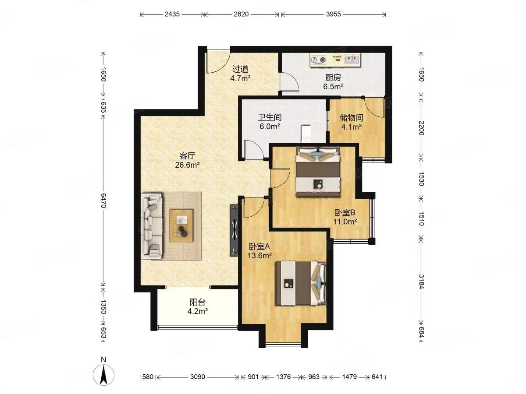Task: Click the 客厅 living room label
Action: [x=188, y=156]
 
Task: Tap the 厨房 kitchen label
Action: [x=333, y=77]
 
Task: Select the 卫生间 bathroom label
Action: [x=270, y=117]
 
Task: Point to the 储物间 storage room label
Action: [x=351, y=118]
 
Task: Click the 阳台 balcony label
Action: [x=197, y=303]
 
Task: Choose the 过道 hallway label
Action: [x=240, y=69]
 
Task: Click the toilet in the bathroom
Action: [x=306, y=134]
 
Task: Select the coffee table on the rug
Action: [x=181, y=226]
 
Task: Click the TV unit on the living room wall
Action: [x=234, y=230]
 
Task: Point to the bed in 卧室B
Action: [x=318, y=172]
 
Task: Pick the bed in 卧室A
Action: [x=301, y=284]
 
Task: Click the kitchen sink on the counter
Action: [x=352, y=59]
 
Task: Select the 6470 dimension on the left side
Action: [x=103, y=201]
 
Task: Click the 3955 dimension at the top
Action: [x=333, y=14]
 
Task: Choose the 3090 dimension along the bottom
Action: [x=198, y=377]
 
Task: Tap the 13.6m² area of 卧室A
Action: [x=259, y=256]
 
